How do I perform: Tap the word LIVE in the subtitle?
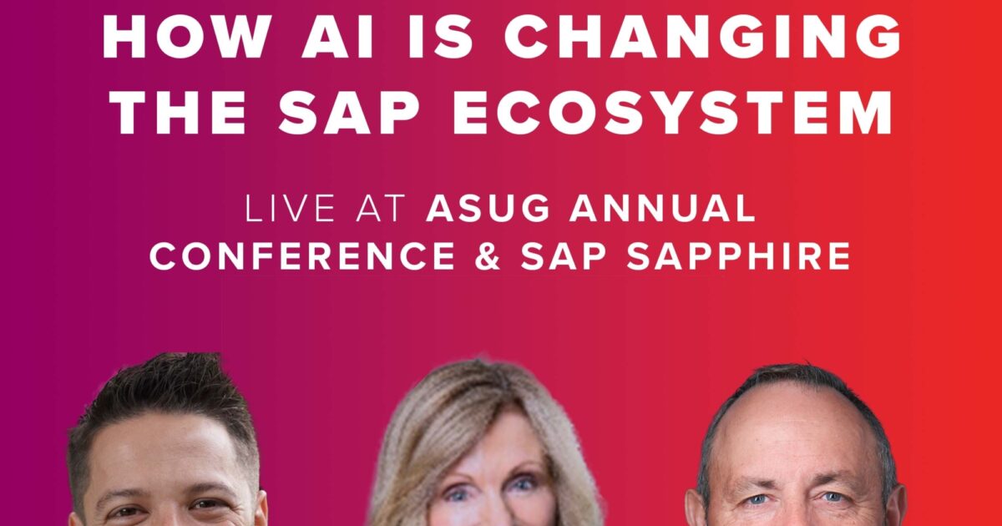(288, 210)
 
